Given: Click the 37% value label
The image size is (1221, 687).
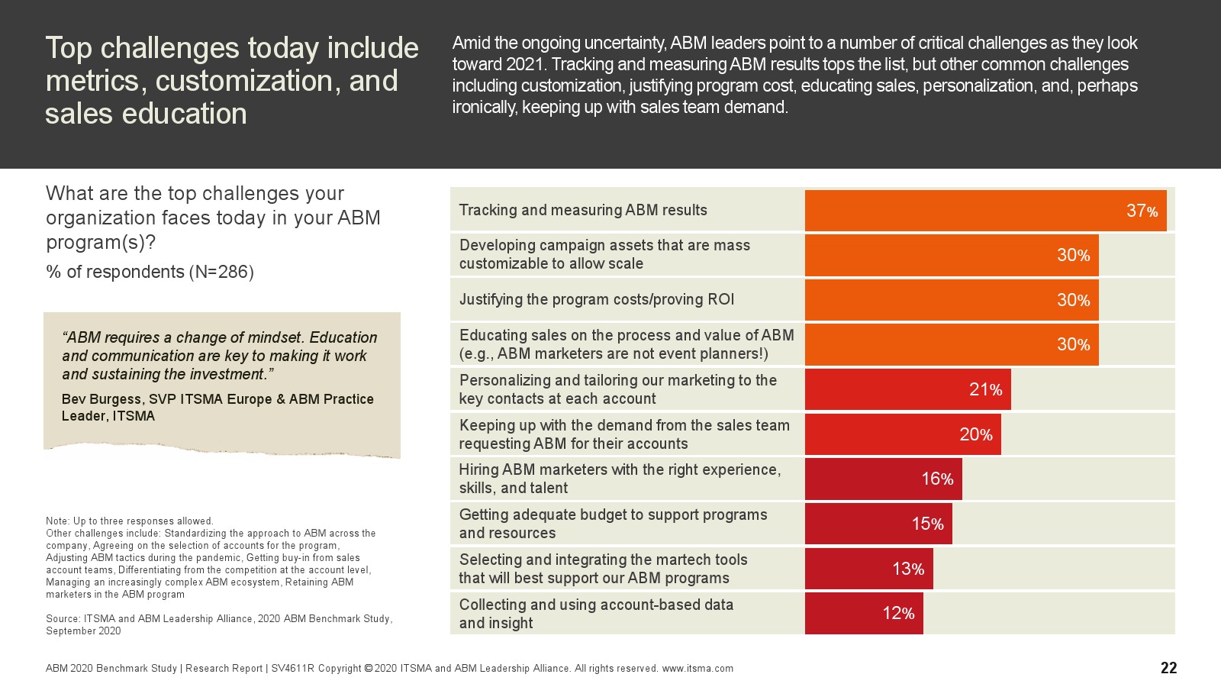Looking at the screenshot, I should click(x=1142, y=211).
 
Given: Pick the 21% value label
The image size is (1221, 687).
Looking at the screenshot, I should click(x=985, y=390).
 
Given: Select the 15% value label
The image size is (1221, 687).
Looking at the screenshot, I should click(x=927, y=524).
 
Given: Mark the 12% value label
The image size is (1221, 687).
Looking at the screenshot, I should click(x=898, y=613).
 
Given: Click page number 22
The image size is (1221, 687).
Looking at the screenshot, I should click(x=1168, y=668).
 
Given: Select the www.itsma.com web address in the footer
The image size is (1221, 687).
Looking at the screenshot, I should click(x=697, y=669).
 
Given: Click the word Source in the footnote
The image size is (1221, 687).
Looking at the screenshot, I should click(x=63, y=619).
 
